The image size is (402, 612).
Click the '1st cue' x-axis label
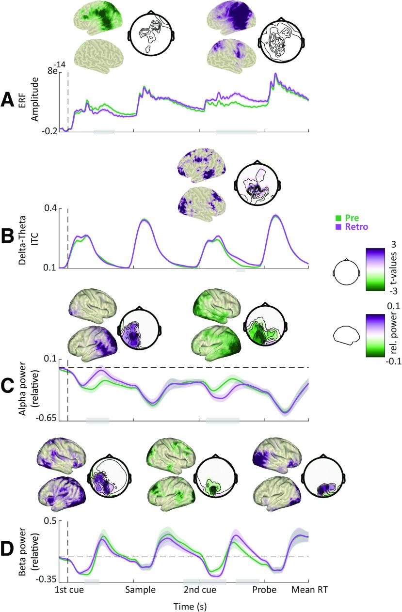pyautogui.click(x=68, y=591)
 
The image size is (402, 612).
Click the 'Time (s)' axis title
pyautogui.click(x=191, y=605)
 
